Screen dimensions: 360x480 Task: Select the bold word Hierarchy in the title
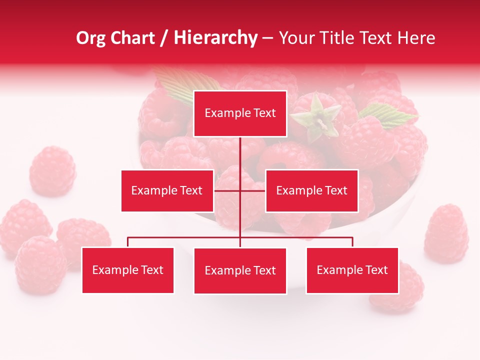[215, 38]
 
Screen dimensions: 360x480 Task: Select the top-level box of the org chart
[240, 113]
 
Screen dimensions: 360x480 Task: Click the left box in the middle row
[167, 190]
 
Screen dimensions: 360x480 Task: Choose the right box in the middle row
[311, 190]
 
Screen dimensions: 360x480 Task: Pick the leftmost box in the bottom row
[127, 270]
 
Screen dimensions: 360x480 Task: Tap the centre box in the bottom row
[240, 270]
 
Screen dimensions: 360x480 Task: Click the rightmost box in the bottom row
[352, 270]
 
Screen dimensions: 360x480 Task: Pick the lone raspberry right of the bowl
[446, 233]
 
